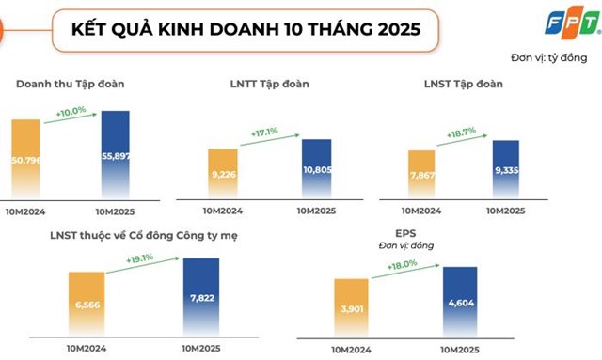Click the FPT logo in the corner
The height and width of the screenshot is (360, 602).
pyautogui.click(x=574, y=20)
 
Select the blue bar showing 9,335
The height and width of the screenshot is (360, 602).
pyautogui.click(x=505, y=168)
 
